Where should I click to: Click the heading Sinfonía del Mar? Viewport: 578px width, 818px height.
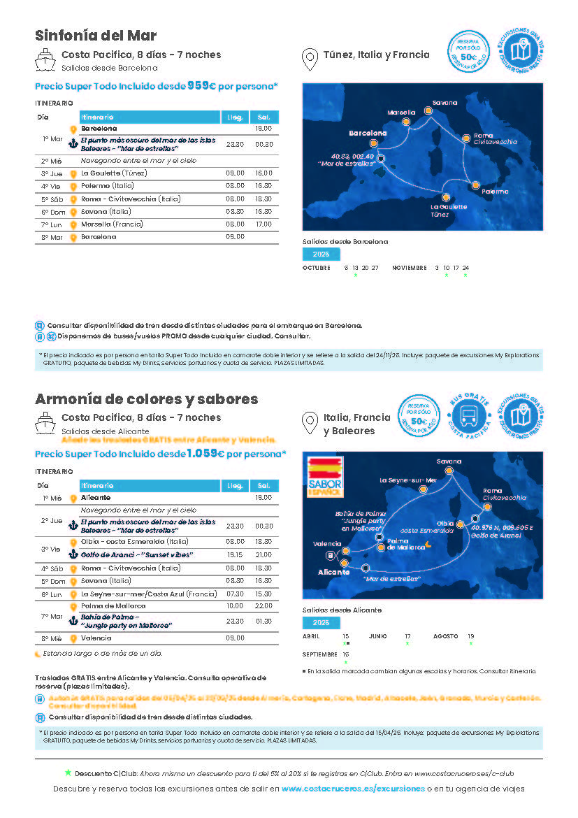(x=96, y=36)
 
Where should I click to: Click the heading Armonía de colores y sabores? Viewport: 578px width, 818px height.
(x=147, y=399)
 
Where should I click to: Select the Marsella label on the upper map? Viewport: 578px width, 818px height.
(x=401, y=112)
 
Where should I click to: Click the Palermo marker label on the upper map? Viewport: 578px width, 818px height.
(x=495, y=191)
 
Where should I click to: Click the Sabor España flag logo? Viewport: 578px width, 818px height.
(x=326, y=477)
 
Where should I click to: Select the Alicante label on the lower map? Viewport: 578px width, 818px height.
(x=333, y=572)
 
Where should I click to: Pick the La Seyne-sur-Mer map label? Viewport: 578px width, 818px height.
(x=408, y=480)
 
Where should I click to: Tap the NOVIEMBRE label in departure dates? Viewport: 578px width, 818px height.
(x=410, y=268)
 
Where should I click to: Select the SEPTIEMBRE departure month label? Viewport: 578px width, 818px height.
(x=320, y=654)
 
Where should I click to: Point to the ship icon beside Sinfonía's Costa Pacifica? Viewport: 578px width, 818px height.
(x=45, y=61)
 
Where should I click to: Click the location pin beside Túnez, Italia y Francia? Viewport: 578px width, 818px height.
(x=308, y=60)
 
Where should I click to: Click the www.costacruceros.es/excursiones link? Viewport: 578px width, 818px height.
(x=353, y=789)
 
